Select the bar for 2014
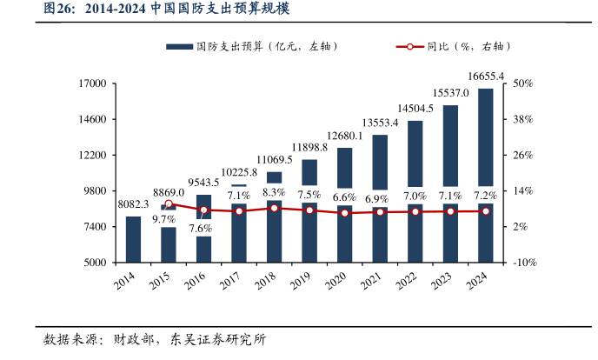point(133,239)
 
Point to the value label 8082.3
point(133,203)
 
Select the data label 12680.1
point(345,136)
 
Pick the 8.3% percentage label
point(274,192)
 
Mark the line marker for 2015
point(169,204)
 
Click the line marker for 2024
point(486,211)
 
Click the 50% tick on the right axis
point(523,83)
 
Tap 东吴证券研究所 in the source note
point(217,339)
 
